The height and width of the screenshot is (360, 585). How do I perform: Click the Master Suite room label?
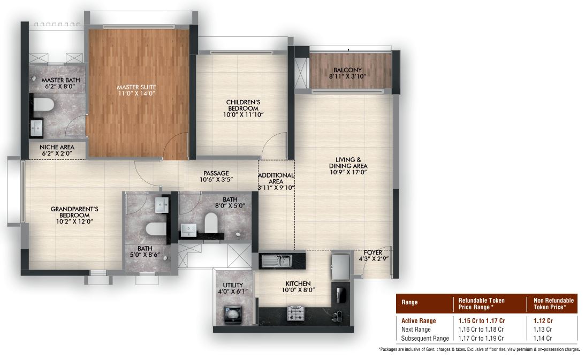coord(136,87)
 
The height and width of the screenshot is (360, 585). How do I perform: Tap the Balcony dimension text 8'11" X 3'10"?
coord(347,76)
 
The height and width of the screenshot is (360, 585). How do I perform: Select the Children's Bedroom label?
coord(243,105)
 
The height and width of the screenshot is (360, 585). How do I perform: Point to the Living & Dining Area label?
coord(348,163)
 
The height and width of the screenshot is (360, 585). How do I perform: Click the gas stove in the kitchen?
coord(295,313)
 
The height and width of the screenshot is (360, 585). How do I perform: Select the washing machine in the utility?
coord(233,314)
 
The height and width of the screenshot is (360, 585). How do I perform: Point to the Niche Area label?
coord(57,147)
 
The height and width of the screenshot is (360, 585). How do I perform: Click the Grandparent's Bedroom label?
coord(74,212)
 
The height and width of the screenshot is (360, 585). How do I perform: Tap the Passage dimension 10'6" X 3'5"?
coord(216,179)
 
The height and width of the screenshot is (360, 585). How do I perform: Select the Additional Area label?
coord(276,178)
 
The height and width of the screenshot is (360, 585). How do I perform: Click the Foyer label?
coord(373,252)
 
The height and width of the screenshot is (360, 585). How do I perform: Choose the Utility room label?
coord(233,285)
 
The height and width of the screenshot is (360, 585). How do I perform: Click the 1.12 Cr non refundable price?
coord(543,321)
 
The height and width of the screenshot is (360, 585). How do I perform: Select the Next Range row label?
coord(416,330)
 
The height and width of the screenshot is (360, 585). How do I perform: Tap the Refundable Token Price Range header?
coord(481,304)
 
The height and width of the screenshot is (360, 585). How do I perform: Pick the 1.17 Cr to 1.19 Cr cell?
coord(481,339)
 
